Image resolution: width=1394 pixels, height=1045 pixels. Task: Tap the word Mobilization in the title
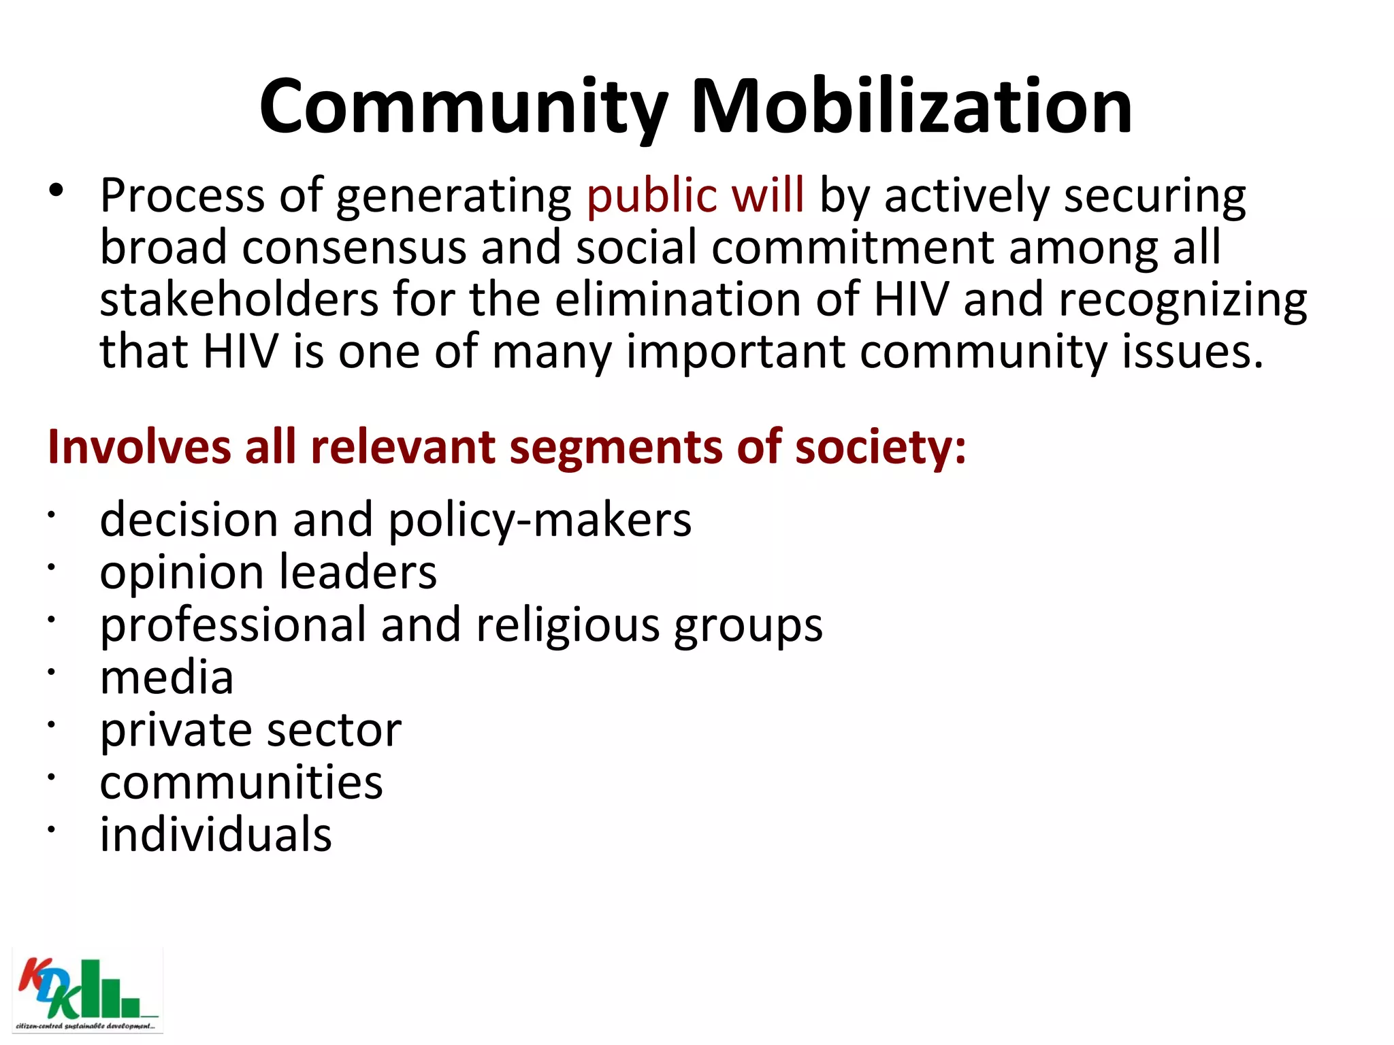[911, 107]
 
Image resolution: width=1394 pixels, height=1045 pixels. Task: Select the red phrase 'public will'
[695, 196]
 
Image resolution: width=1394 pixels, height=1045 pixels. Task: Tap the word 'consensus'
[354, 248]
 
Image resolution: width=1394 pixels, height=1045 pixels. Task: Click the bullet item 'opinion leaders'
[268, 573]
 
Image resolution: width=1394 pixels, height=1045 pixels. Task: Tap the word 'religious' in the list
[568, 626]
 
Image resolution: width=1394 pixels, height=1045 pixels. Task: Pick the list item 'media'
[167, 678]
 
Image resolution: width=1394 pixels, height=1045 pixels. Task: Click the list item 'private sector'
[250, 731]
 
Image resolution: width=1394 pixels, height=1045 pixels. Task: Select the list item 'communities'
[241, 782]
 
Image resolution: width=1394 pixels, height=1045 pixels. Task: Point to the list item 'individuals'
[216, 835]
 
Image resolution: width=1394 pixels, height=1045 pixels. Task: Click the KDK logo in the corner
[87, 991]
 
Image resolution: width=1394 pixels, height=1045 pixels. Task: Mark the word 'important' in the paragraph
[736, 352]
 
